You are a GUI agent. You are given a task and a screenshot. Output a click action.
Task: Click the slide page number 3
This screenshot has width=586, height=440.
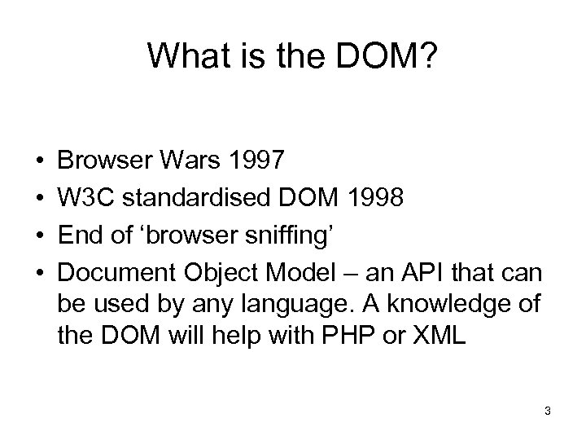point(548,411)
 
